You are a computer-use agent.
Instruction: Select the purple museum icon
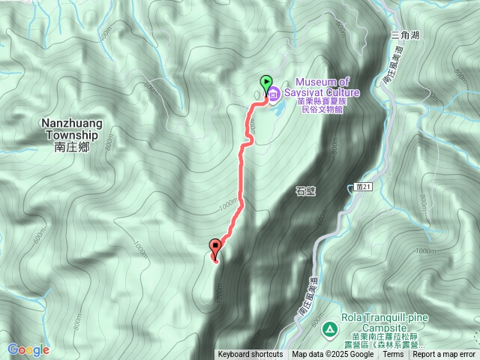click(x=274, y=94)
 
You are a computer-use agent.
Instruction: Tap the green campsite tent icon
click(x=329, y=329)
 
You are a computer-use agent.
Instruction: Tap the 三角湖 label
click(x=404, y=34)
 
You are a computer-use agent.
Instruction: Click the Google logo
click(x=28, y=349)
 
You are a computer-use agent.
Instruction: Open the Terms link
click(x=393, y=355)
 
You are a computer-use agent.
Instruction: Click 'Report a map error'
click(x=444, y=355)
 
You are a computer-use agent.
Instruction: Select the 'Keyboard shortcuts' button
click(x=250, y=355)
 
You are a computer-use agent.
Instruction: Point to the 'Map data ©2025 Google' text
click(x=332, y=355)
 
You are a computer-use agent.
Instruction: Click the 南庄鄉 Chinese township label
click(x=72, y=148)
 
